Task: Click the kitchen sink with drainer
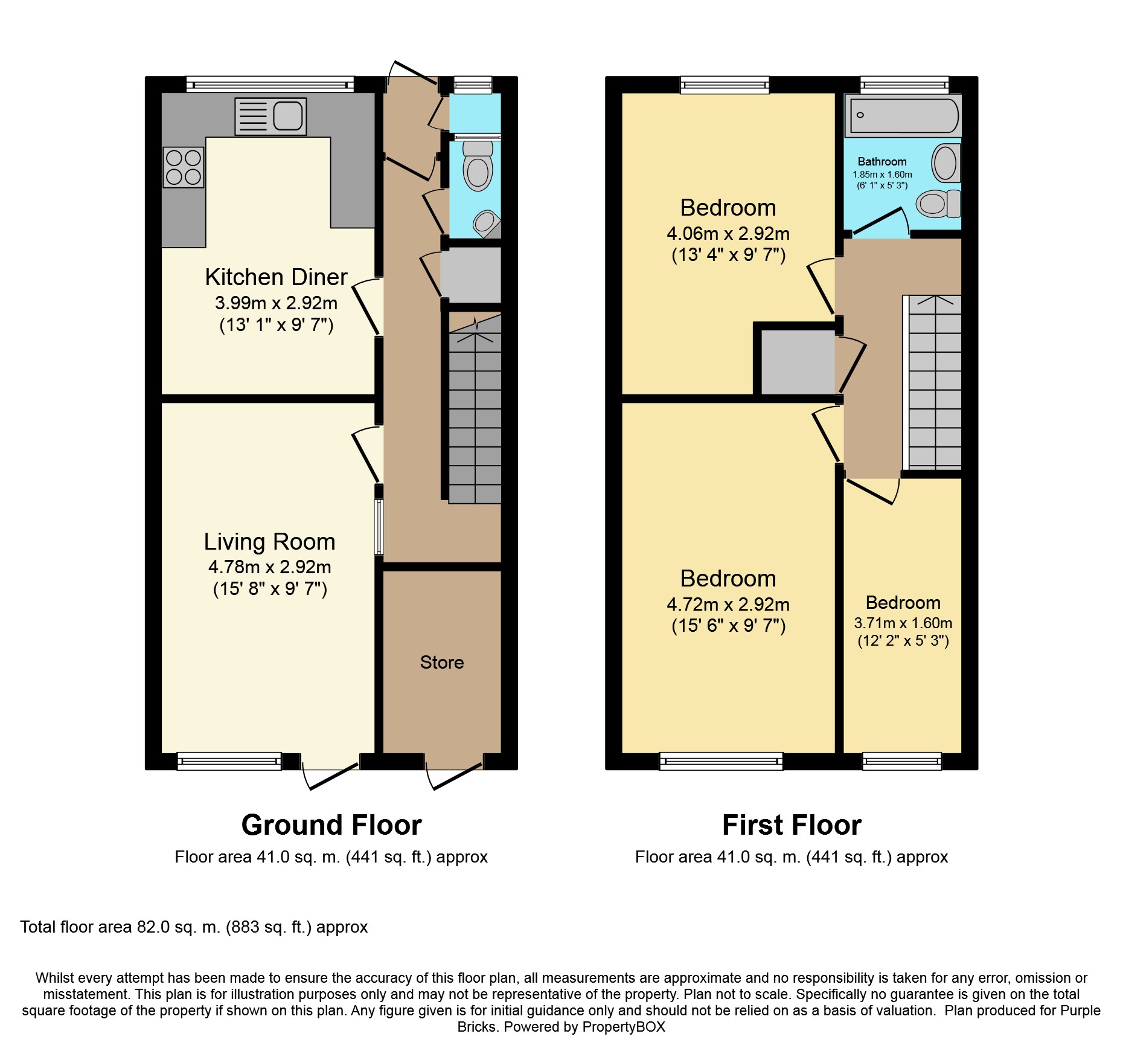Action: point(270,115)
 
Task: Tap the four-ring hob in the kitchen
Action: point(184,167)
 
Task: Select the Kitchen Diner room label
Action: point(277,277)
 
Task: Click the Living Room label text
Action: point(269,542)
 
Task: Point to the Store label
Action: point(442,663)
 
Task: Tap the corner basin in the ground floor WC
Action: point(487,224)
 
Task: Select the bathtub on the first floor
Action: point(903,115)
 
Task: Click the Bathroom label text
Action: point(882,162)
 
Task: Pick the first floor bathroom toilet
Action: point(938,204)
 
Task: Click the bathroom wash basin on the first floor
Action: point(945,163)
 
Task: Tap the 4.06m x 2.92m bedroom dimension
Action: point(728,234)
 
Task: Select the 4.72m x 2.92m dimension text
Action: point(728,605)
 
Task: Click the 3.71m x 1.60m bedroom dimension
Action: point(903,623)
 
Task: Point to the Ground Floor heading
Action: point(331,825)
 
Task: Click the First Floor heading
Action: point(792,825)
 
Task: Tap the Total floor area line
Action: point(194,927)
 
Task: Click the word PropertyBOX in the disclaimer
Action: point(624,1027)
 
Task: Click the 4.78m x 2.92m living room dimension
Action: point(269,567)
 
